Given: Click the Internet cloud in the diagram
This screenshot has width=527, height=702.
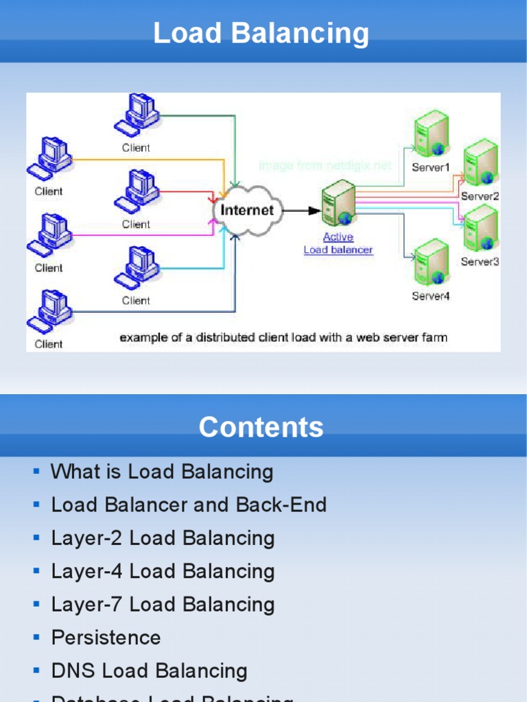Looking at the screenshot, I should [246, 210].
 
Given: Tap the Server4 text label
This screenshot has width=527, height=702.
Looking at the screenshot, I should [430, 296].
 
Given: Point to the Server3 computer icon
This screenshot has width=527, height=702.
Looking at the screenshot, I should [480, 229].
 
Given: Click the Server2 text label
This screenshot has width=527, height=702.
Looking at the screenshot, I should [480, 196].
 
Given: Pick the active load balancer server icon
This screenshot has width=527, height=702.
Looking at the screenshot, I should [338, 203].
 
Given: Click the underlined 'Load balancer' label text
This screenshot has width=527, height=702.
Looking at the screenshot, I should [338, 250].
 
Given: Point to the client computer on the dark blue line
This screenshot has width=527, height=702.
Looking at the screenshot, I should [49, 312].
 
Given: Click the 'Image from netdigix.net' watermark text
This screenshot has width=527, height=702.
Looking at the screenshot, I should [325, 166].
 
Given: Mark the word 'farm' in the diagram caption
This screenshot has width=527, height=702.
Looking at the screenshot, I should [435, 337].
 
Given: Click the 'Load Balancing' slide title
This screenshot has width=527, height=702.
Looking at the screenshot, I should [261, 33].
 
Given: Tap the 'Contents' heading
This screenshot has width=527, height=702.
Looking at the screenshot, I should [261, 427].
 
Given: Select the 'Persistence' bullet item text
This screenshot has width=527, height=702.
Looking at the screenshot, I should [106, 638].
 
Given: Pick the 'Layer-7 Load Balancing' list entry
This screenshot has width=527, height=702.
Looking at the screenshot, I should [163, 605].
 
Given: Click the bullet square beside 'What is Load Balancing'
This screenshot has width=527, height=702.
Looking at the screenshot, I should [36, 472].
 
